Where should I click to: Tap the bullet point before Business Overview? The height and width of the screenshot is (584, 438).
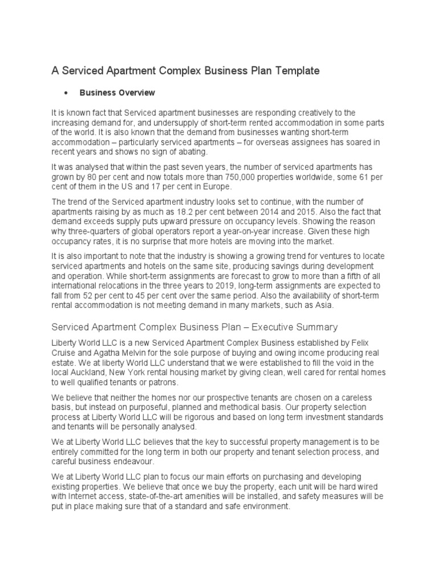click(x=67, y=93)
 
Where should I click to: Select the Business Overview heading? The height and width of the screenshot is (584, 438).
click(x=117, y=92)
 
